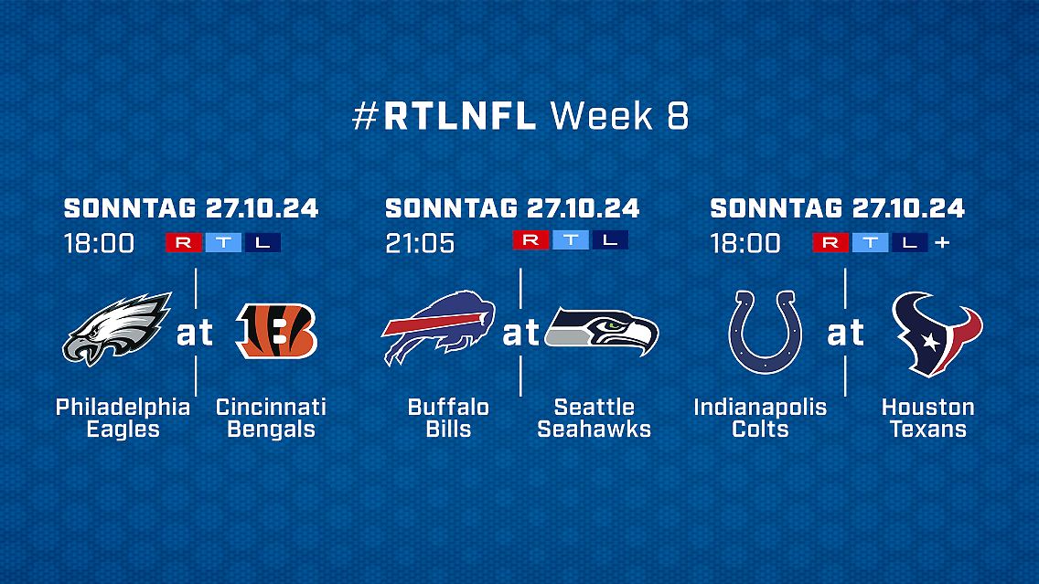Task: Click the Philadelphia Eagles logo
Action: point(117,328)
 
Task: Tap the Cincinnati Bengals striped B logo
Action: point(277,331)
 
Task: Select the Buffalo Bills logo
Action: point(439,327)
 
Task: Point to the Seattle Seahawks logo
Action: point(602,331)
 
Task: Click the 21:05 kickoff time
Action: point(420,244)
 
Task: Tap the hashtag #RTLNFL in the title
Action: point(444,116)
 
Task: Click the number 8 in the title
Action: point(677,116)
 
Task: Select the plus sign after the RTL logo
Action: point(942,243)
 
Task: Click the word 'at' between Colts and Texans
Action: point(845,333)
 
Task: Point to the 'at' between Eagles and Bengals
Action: point(195,333)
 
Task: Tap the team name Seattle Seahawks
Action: point(594,418)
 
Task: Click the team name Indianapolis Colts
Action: point(760,418)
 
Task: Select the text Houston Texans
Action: point(927,418)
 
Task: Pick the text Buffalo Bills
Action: point(448,418)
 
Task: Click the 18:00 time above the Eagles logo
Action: point(100,244)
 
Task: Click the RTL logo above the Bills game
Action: point(571,239)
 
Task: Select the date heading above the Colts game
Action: point(838,208)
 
